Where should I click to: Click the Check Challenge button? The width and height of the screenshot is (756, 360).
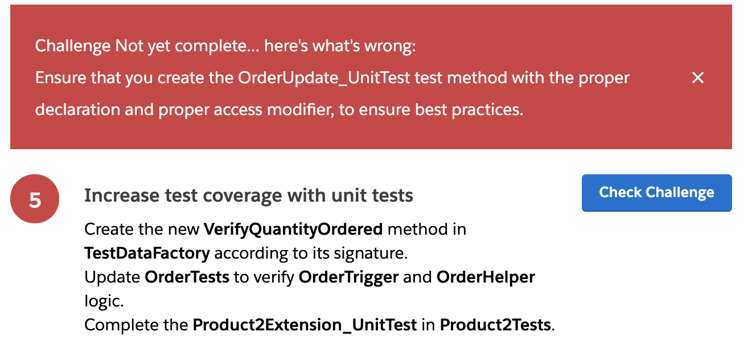pos(656,193)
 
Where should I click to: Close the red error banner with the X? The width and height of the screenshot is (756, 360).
pos(698,77)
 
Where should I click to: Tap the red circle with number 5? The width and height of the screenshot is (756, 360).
pos(35,199)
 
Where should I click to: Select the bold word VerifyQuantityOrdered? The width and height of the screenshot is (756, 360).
pos(293,230)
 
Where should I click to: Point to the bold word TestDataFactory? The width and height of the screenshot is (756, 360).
pos(147,253)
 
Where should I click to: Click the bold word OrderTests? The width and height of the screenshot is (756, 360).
pos(187,277)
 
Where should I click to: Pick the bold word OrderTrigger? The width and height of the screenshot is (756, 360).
pos(348,277)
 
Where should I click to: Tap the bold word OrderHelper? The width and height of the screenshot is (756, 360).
pos(486,277)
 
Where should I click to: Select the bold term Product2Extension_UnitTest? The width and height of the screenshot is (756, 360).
pos(305,325)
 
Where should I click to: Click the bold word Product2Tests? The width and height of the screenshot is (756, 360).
pos(495,325)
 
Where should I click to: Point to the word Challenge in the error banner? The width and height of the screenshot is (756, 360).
pos(73,46)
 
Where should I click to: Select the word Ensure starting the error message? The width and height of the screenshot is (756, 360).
pos(60,78)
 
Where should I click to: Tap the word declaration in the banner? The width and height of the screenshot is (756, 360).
pos(77,110)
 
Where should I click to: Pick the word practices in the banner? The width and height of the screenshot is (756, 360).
pos(488,110)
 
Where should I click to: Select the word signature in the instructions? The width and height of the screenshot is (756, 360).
pos(371,254)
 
